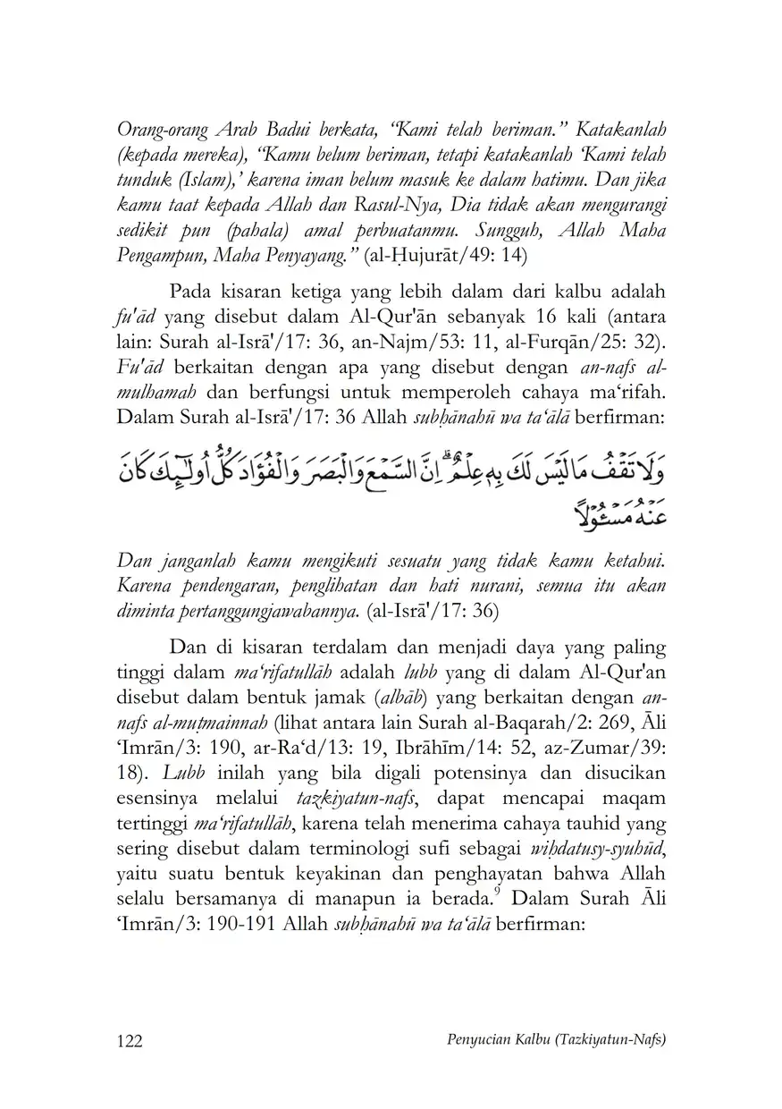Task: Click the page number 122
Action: [130, 1040]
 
